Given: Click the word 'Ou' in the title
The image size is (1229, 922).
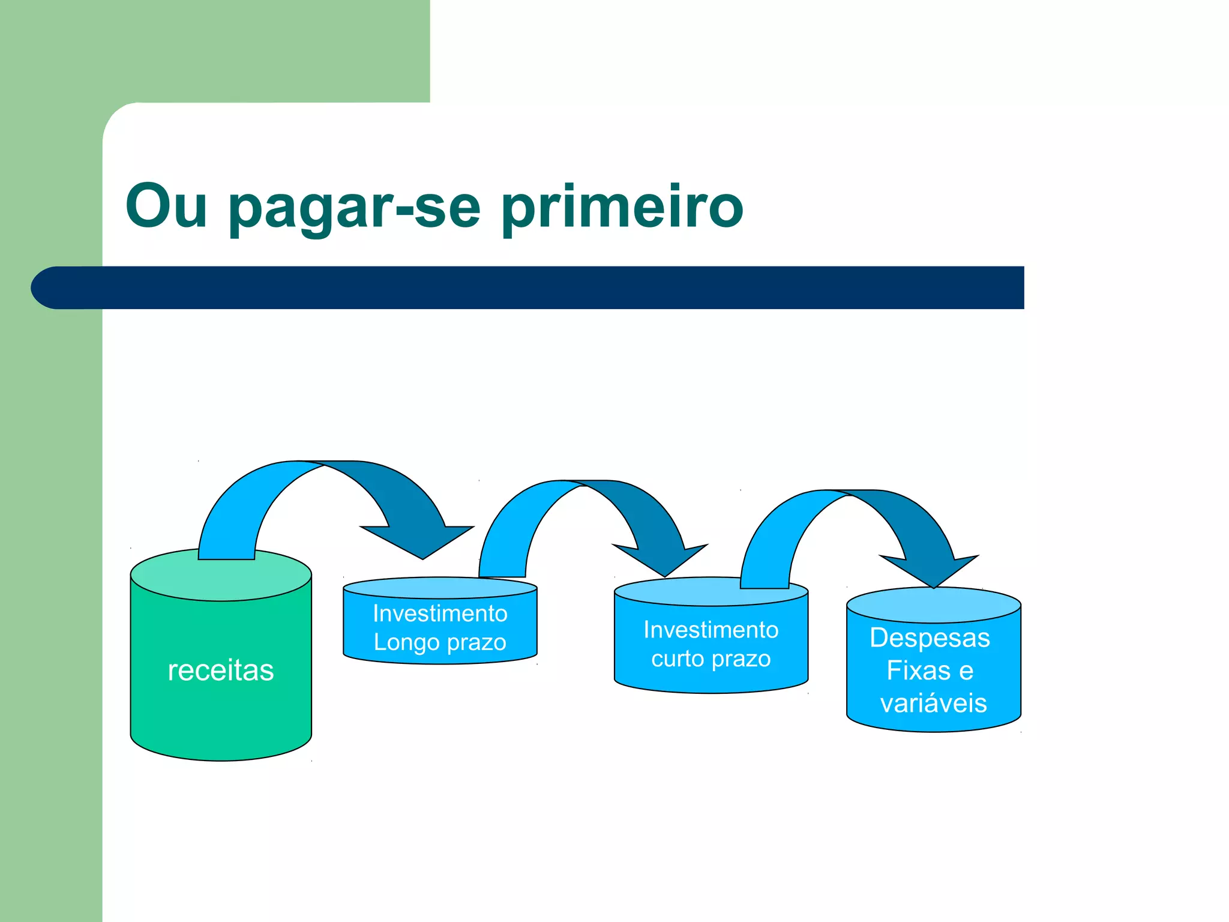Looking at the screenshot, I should click(166, 206).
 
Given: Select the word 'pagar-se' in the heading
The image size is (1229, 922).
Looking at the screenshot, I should click(354, 207).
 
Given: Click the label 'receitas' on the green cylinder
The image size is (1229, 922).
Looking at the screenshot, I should click(221, 670).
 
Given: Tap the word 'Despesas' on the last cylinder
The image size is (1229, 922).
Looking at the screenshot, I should click(930, 637).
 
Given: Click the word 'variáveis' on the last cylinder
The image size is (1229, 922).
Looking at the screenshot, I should click(933, 703).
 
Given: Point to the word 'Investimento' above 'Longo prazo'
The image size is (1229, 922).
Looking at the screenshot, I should click(440, 613).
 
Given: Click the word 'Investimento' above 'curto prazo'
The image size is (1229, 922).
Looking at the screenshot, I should click(711, 630).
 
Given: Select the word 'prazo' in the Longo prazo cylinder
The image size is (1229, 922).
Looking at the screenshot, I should click(475, 642).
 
